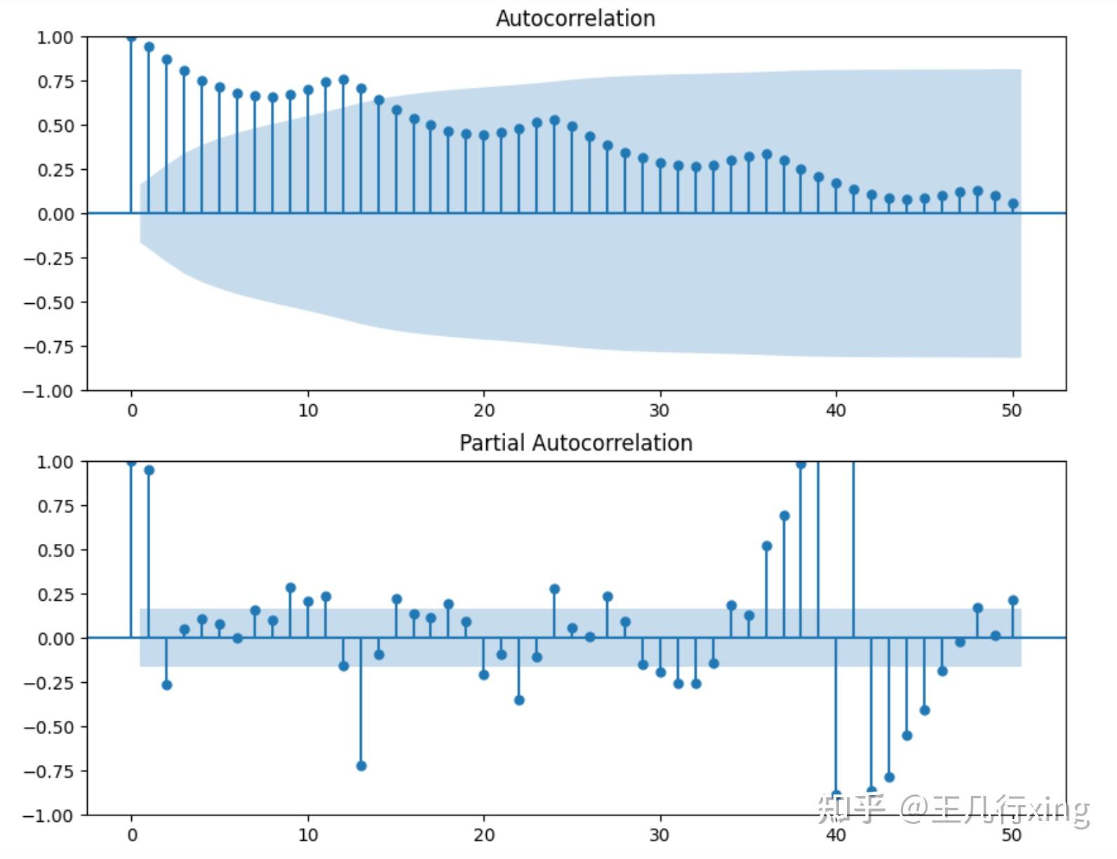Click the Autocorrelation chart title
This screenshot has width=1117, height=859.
click(x=575, y=18)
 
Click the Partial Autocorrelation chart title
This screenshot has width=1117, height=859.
click(x=575, y=443)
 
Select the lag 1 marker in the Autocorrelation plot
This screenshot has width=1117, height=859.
click(x=149, y=47)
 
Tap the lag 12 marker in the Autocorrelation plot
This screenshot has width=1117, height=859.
click(x=344, y=80)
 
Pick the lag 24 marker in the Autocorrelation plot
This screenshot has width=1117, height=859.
click(x=555, y=121)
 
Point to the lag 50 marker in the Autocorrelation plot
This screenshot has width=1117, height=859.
click(x=1013, y=204)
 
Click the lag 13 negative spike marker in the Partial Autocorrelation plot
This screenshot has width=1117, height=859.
click(x=361, y=766)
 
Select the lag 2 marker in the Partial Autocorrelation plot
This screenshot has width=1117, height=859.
click(x=167, y=685)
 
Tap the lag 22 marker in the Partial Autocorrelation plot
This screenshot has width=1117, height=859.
click(x=519, y=700)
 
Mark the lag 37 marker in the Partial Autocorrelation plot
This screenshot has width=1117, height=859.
click(x=784, y=516)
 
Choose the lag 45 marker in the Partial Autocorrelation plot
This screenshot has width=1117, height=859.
click(x=925, y=710)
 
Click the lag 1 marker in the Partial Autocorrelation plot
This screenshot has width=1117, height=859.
click(x=149, y=470)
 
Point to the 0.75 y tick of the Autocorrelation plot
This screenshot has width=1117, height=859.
click(x=55, y=81)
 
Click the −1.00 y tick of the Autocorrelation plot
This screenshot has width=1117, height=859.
click(x=49, y=391)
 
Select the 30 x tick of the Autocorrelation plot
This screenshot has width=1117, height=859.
click(x=660, y=411)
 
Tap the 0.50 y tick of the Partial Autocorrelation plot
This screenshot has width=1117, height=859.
click(x=55, y=550)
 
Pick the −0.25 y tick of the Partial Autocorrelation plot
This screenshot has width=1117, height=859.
click(x=49, y=683)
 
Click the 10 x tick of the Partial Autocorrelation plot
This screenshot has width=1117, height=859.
click(x=308, y=835)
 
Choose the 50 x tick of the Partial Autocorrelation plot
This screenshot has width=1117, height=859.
click(x=1012, y=835)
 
